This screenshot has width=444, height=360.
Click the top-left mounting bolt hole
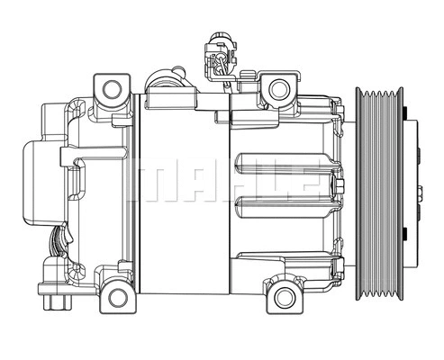click(x=112, y=88)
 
